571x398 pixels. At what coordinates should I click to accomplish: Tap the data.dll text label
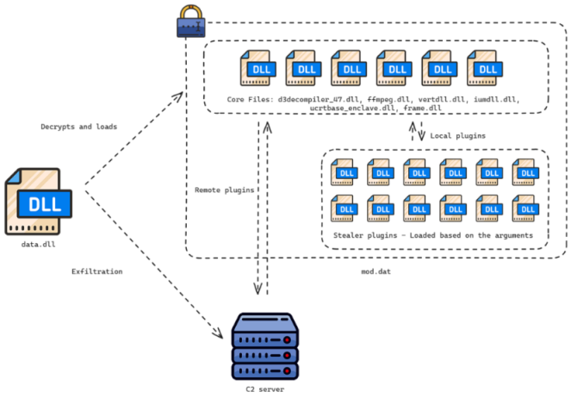pyautogui.click(x=38, y=246)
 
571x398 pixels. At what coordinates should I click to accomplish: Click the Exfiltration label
pyautogui.click(x=96, y=271)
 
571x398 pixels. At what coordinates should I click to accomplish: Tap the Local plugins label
pyautogui.click(x=458, y=135)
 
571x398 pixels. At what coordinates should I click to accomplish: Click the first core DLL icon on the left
pyautogui.click(x=259, y=67)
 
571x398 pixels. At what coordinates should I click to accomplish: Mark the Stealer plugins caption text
pyautogui.click(x=434, y=234)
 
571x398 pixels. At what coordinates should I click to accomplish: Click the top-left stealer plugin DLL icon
pyautogui.click(x=344, y=172)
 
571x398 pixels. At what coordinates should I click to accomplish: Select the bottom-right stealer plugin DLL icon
pyautogui.click(x=524, y=208)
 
